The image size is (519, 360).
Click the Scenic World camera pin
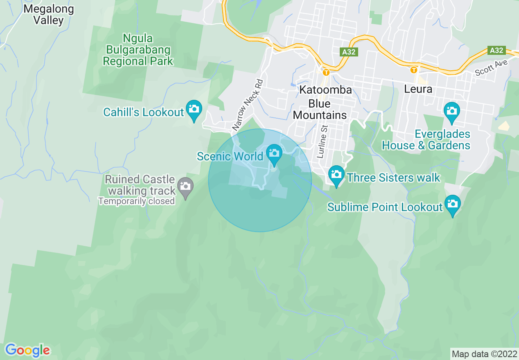coord(274,155)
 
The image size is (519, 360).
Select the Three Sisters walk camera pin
coord(336,175)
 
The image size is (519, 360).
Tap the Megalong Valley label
coord(49,15)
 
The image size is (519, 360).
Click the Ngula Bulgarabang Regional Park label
coord(138,50)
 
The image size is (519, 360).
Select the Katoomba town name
coord(325,90)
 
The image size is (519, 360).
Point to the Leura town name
coord(418,89)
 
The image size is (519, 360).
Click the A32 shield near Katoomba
coord(348,52)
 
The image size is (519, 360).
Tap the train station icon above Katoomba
coord(326,72)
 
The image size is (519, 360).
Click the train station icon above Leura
coord(414,70)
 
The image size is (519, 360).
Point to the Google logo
coord(27,350)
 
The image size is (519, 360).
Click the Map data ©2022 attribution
coord(484,354)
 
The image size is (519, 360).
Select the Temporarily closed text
coord(136,201)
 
